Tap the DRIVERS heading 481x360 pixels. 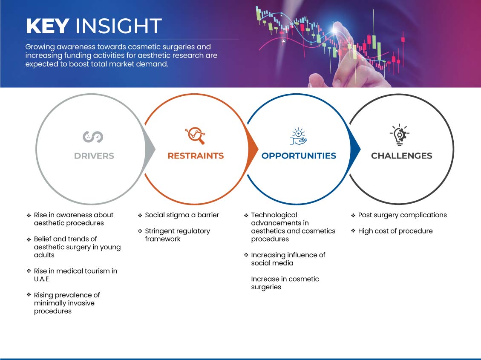[94, 156]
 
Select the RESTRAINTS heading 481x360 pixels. [196, 156]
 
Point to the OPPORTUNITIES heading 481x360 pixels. [299, 156]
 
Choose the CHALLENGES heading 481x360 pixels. [402, 156]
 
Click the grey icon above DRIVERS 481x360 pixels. [93, 137]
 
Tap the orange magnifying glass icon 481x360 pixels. [195, 135]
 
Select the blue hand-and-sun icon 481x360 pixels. [299, 136]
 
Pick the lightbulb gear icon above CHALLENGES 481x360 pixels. [399, 135]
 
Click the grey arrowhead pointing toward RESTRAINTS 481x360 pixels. [150, 150]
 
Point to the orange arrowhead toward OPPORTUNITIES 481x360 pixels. [253, 150]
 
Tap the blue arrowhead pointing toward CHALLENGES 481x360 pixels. [355, 150]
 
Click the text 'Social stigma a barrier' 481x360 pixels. [182, 215]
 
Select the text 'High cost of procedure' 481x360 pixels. [395, 231]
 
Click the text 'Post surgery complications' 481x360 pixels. [403, 215]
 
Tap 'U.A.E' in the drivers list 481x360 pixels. [41, 279]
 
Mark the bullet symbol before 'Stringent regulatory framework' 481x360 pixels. [140, 231]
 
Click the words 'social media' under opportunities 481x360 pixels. [272, 263]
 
